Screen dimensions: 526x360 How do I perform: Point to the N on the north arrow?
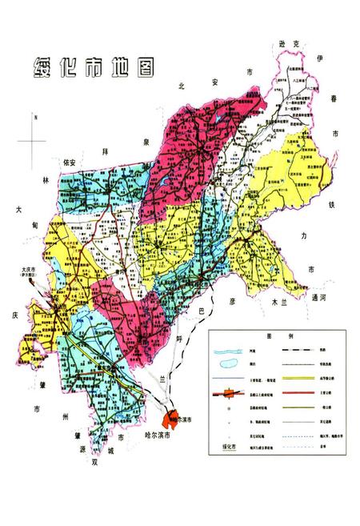point(34,117)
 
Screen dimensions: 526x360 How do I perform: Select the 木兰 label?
point(280,303)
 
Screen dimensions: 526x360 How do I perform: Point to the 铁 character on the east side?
point(329,205)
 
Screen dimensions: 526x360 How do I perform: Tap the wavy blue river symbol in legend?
point(227,350)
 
